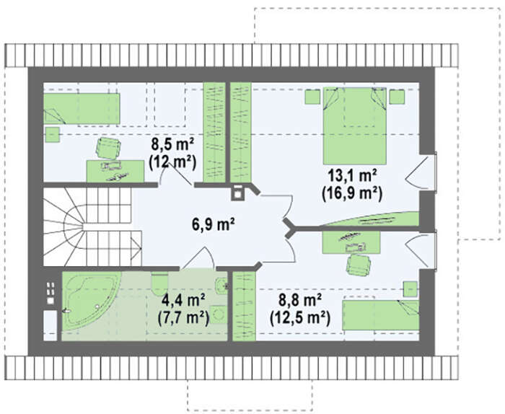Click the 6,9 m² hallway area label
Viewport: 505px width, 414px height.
213,224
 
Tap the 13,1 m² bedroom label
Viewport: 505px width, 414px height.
352,177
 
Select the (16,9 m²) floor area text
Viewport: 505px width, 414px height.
352,194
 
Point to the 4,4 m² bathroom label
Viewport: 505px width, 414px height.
183,300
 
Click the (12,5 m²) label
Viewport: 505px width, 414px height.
300,318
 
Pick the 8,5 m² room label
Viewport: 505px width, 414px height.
172,144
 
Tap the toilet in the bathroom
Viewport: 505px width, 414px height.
159,283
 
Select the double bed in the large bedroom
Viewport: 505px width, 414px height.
355,125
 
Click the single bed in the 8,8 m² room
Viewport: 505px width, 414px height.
381,315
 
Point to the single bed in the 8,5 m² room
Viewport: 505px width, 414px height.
82,109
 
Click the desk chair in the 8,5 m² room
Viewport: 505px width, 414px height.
108,148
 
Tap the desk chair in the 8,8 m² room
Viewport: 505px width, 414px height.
358,264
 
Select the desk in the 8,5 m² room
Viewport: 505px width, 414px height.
115,171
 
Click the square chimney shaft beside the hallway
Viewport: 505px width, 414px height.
237,193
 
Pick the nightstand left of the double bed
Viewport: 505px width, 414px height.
312,97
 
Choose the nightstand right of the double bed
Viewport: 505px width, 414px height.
397,97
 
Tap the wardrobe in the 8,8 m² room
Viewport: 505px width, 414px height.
244,307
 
